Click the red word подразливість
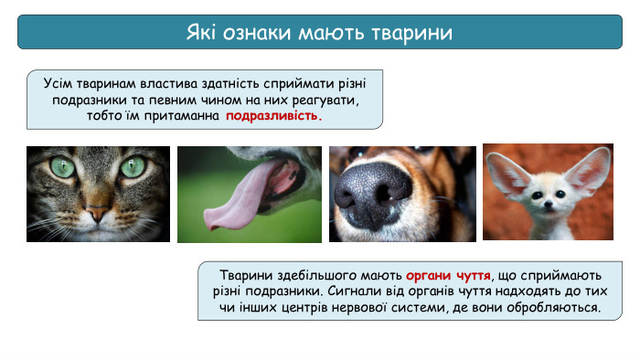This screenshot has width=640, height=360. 274,117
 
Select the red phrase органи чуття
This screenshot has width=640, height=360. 448,275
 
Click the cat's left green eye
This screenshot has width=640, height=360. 63,167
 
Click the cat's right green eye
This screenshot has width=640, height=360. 133,166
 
